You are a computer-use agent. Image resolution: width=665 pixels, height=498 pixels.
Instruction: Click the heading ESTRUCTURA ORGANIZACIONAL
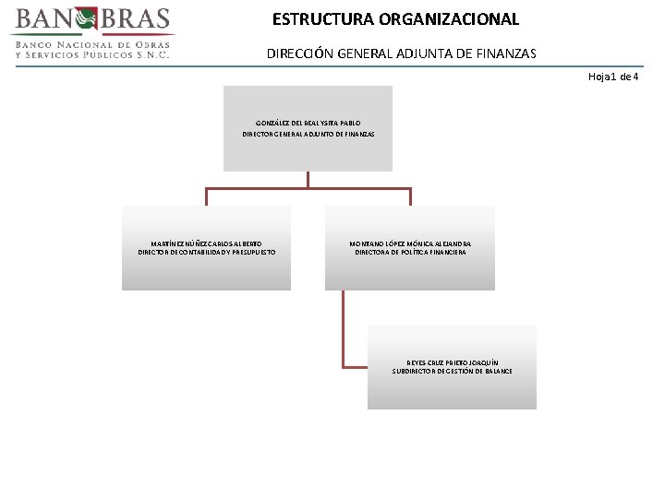[395, 18]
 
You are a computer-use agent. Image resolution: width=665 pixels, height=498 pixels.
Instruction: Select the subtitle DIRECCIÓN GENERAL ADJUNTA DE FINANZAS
[401, 53]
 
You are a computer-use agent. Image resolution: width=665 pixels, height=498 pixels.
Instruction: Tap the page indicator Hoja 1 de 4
[613, 77]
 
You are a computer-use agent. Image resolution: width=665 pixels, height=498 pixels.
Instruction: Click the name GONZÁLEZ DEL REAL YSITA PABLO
[308, 122]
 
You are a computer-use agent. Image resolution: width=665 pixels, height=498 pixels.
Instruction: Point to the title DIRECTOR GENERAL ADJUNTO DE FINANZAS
[308, 135]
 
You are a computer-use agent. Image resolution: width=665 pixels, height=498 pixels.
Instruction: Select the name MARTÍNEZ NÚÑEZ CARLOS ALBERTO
[206, 243]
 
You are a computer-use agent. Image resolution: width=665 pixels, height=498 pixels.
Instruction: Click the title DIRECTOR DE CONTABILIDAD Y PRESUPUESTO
[206, 253]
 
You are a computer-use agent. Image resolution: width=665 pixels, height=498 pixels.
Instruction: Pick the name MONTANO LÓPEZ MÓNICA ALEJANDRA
[410, 243]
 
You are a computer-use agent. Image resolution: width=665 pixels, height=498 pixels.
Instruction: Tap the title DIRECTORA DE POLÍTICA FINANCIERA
[410, 253]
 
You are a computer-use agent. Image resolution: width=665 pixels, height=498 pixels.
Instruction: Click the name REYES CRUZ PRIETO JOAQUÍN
[452, 362]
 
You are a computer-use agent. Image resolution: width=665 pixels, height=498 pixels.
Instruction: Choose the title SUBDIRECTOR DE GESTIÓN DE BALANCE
[452, 372]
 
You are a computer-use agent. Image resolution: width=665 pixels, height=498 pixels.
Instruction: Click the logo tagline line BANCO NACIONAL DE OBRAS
[92, 44]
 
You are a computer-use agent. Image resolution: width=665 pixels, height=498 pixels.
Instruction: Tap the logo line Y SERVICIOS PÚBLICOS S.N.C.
[92, 54]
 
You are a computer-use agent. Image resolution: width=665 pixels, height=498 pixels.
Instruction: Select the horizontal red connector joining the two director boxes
[308, 189]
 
